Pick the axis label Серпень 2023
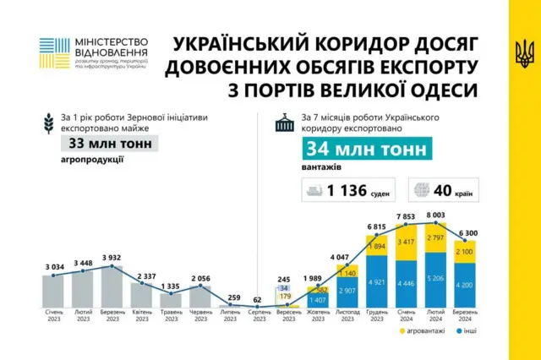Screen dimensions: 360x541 pos(259,316)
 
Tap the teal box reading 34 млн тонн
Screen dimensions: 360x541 pos(350,150)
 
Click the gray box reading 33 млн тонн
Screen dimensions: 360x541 pos(111,144)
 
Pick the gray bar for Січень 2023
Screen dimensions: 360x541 pos(52,290)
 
